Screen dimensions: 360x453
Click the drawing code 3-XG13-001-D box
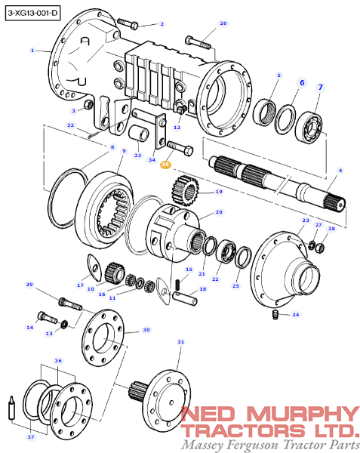coord(32,13)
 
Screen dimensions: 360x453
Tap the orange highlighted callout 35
coord(165,165)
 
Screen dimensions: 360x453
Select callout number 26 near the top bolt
coord(223,23)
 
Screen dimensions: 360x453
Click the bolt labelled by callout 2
coord(128,23)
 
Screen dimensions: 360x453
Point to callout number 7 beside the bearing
coord(320,87)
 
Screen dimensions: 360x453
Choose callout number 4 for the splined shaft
coord(340,171)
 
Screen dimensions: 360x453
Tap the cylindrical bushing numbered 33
coord(138,134)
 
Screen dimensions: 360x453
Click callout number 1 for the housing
coord(32,51)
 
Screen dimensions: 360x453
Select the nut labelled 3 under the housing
coord(88,104)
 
